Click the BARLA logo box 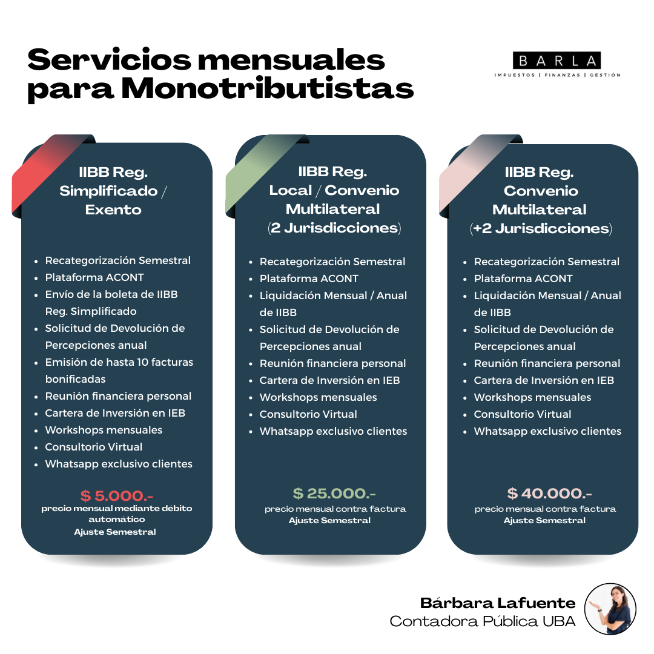pyautogui.click(x=557, y=61)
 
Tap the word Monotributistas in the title pyautogui.click(x=268, y=88)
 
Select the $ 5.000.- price pyautogui.click(x=117, y=495)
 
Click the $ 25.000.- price pyautogui.click(x=334, y=494)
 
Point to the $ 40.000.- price pyautogui.click(x=549, y=494)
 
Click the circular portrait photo pyautogui.click(x=610, y=609)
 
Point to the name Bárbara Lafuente pyautogui.click(x=498, y=603)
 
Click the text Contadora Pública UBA pyautogui.click(x=483, y=621)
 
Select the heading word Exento pyautogui.click(x=113, y=210)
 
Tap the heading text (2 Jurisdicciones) pyautogui.click(x=334, y=228)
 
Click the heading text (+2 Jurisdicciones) pyautogui.click(x=541, y=228)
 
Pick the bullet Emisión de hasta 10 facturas pyautogui.click(x=119, y=362)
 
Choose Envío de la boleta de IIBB pyautogui.click(x=111, y=294)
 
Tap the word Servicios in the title pyautogui.click(x=109, y=59)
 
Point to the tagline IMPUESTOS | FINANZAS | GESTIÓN pyautogui.click(x=557, y=75)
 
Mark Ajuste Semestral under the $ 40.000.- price pyautogui.click(x=544, y=520)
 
